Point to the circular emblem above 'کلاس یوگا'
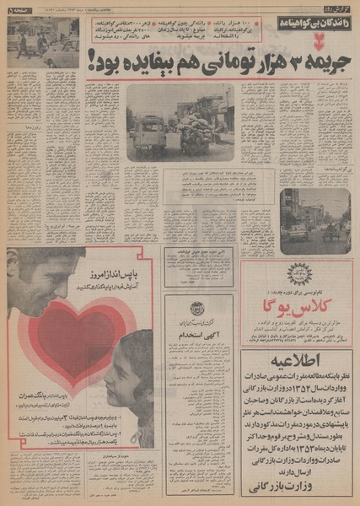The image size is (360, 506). (x=299, y=275)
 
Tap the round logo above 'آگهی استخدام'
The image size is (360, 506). (x=199, y=309)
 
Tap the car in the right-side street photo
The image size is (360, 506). (x=300, y=231)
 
